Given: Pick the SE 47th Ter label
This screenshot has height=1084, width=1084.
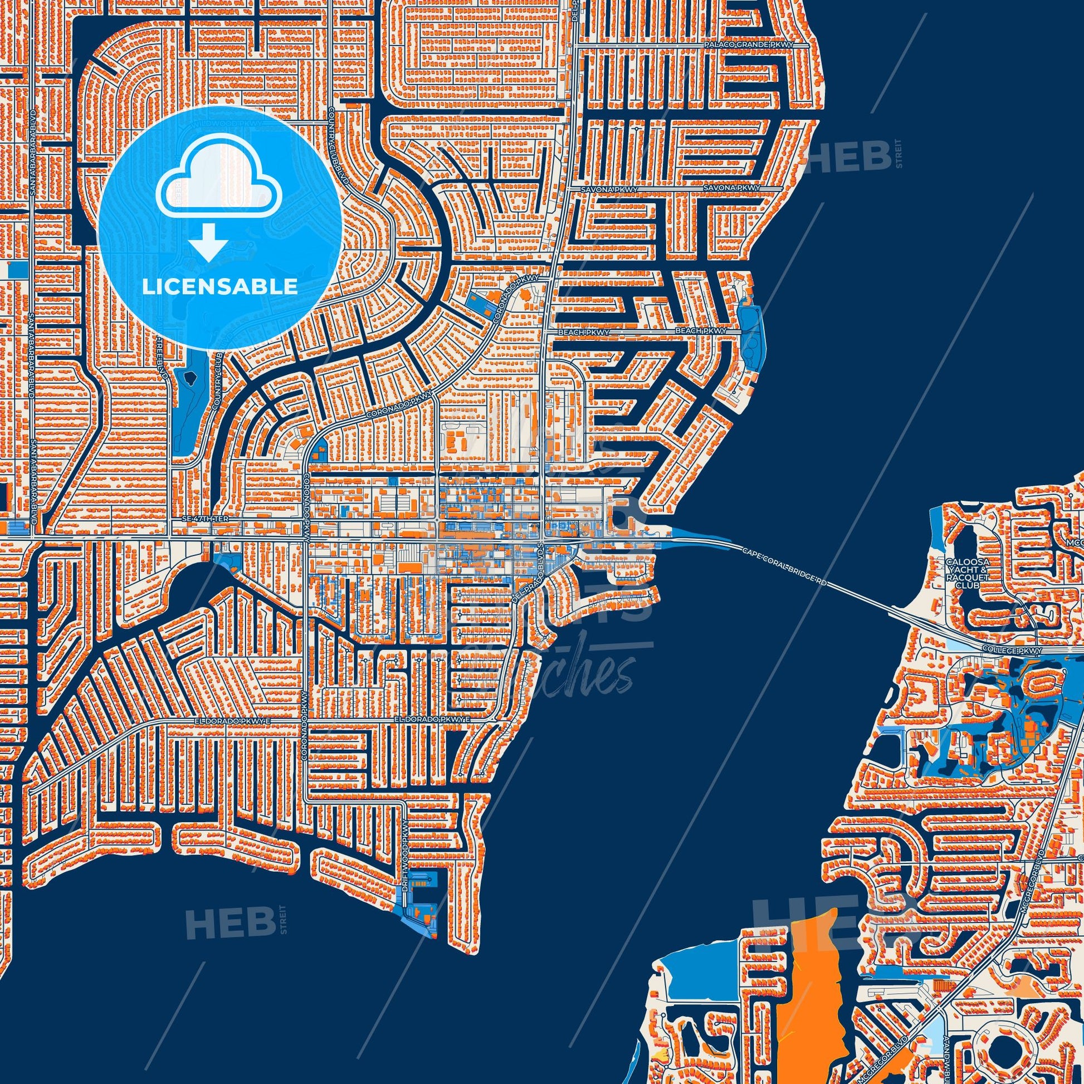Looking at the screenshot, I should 206,520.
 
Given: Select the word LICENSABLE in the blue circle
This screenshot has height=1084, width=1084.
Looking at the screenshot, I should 220,287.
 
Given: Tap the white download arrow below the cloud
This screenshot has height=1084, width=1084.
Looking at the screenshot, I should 208,241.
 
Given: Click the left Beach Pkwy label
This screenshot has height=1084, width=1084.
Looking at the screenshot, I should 584,333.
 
